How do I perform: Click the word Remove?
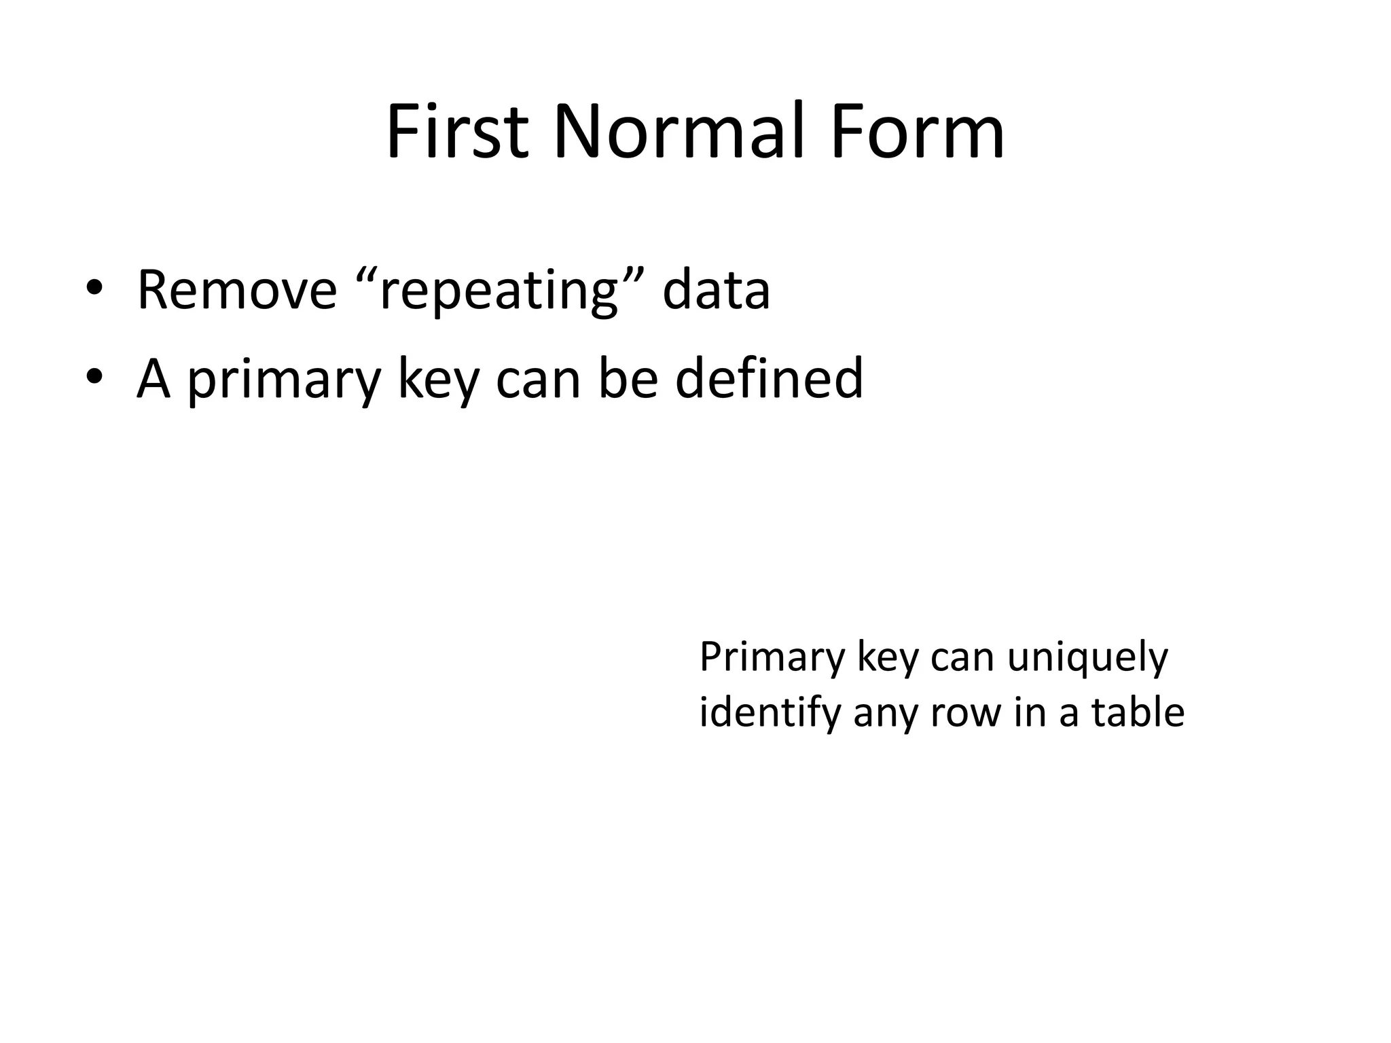(x=237, y=291)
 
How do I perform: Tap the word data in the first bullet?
(x=716, y=291)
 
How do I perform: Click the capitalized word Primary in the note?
(x=772, y=659)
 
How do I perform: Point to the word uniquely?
(x=1087, y=659)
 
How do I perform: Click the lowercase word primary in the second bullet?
(x=283, y=380)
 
